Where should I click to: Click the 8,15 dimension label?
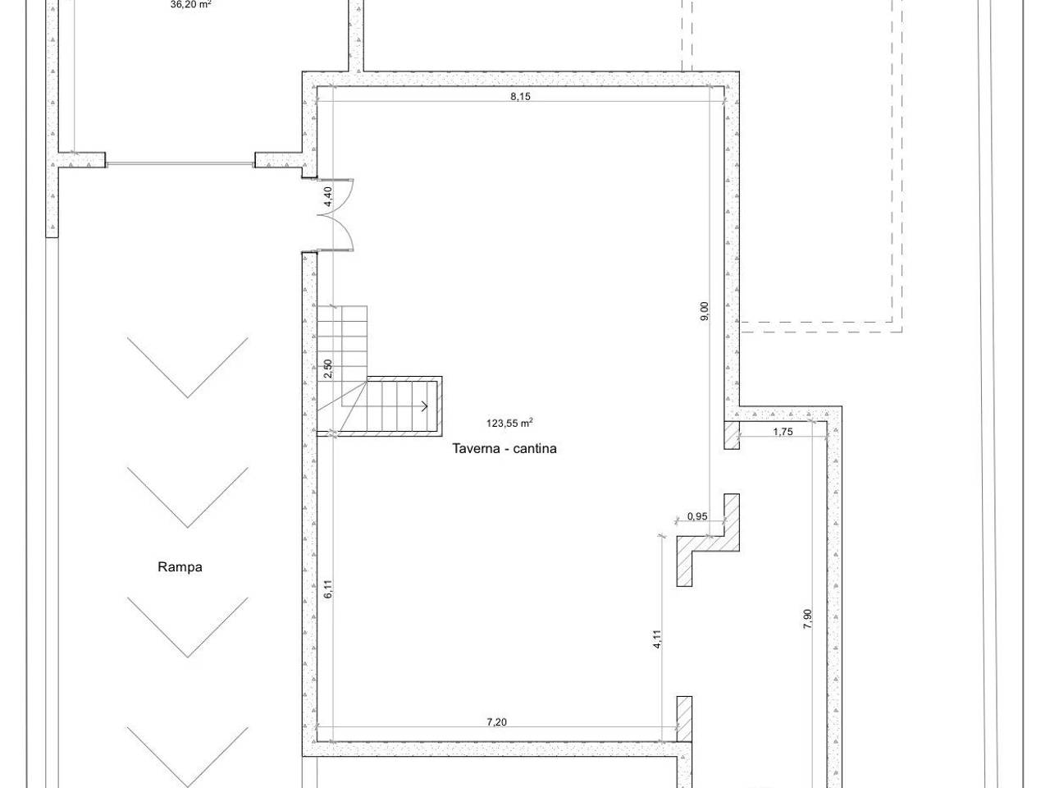point(520,96)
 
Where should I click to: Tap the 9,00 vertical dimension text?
point(705,311)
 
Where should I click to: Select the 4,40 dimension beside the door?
point(328,196)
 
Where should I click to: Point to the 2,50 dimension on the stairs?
point(328,369)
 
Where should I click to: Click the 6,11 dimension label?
point(328,589)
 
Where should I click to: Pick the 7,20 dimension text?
point(496,722)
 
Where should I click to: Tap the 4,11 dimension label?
point(657,639)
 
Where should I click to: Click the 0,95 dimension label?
point(697,516)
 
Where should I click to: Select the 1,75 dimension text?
point(783,432)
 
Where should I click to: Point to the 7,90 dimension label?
point(807,619)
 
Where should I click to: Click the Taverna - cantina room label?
point(504,449)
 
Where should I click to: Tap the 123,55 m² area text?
point(509,423)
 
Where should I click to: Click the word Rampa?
point(180,567)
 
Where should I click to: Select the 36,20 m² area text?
point(191,5)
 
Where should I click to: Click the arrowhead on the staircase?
point(424,406)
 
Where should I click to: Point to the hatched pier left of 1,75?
point(732,435)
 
